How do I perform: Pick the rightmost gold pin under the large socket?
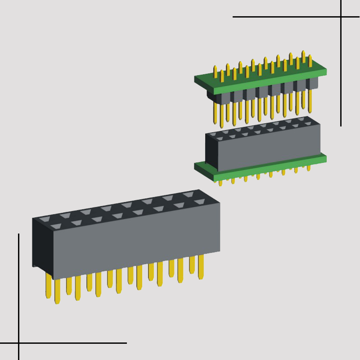(x=200, y=266)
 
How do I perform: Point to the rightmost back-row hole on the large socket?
(x=188, y=194)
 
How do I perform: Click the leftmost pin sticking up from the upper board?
(x=215, y=72)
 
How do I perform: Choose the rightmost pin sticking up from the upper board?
(x=310, y=60)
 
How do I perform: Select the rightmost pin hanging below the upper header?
(x=310, y=100)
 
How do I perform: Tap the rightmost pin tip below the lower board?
(x=308, y=168)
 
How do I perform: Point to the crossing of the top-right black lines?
(x=341, y=16)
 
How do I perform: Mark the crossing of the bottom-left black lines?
(x=19, y=343)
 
